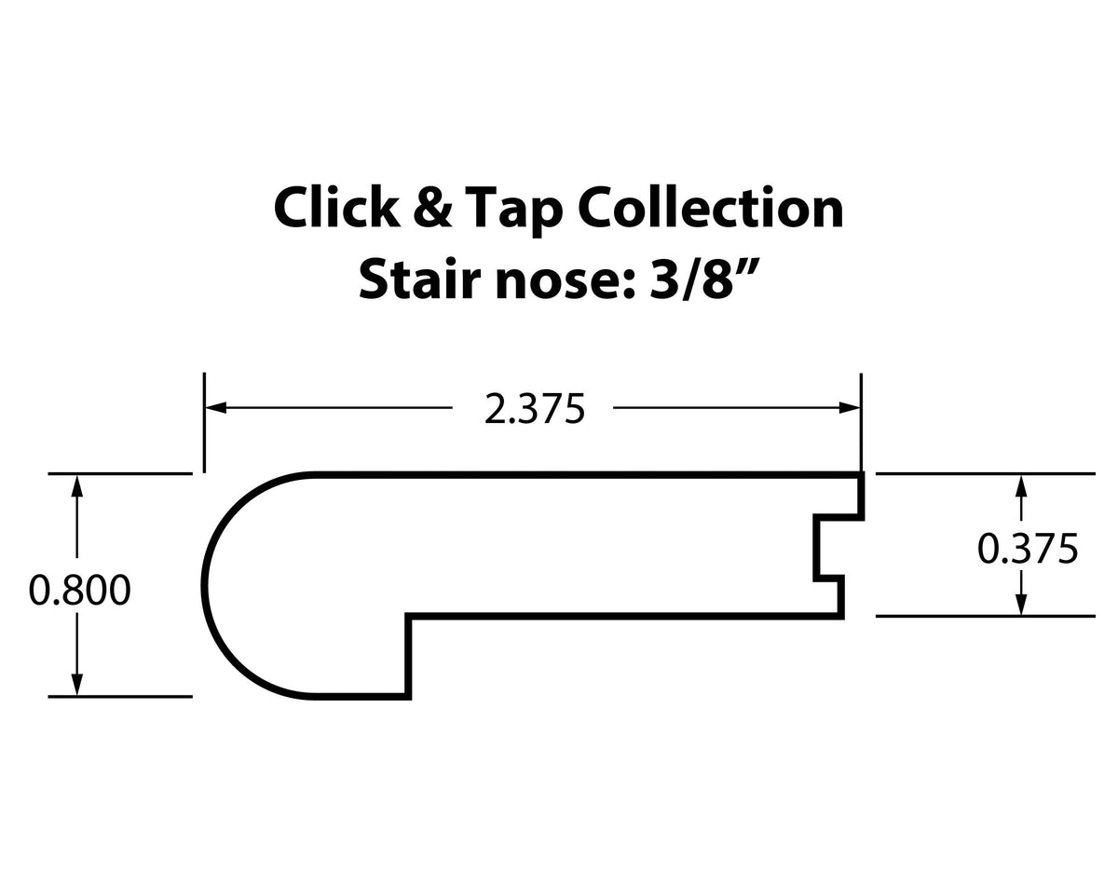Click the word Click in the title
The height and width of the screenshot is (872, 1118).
coord(334,208)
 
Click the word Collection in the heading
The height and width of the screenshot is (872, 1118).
coord(711,208)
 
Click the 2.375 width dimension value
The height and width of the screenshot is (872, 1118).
coord(534,409)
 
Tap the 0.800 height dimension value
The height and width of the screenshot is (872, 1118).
coord(79,591)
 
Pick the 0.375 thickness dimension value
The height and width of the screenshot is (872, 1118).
coord(1028,549)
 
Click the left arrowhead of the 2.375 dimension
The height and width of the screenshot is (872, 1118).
coord(215,407)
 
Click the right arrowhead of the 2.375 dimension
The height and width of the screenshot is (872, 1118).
coord(850,407)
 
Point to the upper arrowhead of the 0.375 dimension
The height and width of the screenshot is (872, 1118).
coord(1022,484)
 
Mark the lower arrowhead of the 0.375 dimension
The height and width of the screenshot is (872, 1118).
coord(1022,605)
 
